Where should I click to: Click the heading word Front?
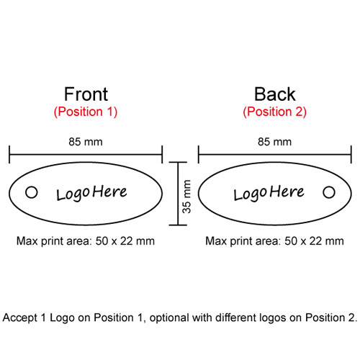[x=86, y=94]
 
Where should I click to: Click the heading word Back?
[x=274, y=94]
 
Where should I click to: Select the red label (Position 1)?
[x=86, y=112]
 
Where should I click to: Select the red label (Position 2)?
[x=275, y=112]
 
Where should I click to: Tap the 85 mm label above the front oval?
[x=86, y=142]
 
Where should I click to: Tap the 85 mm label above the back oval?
[x=274, y=142]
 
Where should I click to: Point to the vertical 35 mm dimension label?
[x=186, y=197]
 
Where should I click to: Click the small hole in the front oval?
[x=32, y=192]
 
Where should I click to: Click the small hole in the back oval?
[x=329, y=192]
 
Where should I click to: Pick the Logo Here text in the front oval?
[x=91, y=193]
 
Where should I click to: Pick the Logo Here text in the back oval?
[x=269, y=193]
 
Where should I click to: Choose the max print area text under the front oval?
[x=86, y=241]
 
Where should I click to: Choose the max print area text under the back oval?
[x=274, y=241]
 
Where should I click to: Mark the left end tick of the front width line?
[x=9, y=154]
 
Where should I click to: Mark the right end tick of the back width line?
[x=351, y=154]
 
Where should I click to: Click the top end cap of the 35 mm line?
[x=178, y=162]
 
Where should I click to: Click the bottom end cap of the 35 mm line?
[x=178, y=225]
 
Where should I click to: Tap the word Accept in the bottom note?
[x=20, y=318]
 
